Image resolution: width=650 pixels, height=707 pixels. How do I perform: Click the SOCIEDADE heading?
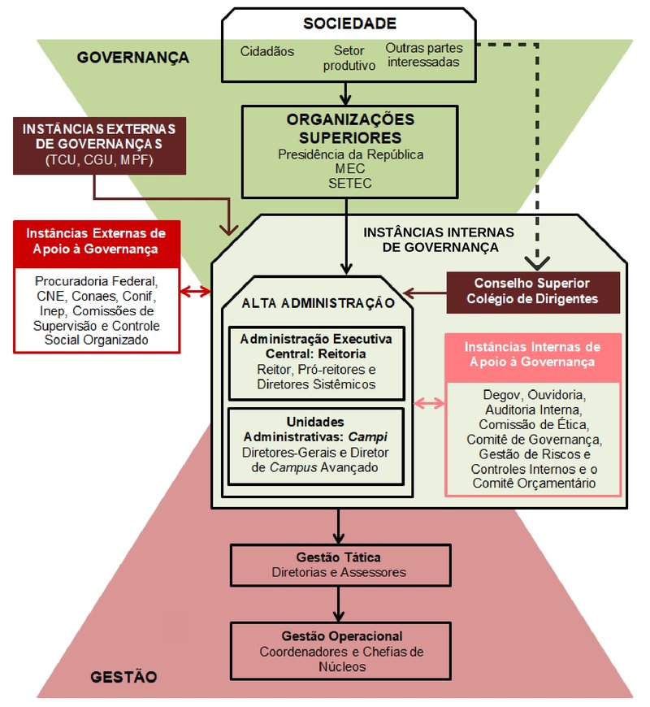350,24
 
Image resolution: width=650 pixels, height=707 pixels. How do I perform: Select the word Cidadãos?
267,51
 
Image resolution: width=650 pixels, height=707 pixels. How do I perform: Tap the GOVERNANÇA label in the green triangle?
133,58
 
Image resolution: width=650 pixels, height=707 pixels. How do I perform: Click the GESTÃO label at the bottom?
123,677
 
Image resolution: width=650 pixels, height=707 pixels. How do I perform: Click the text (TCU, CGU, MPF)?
99,158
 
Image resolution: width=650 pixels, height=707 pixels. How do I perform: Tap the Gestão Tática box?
340,566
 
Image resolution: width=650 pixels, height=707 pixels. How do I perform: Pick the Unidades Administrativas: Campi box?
317,445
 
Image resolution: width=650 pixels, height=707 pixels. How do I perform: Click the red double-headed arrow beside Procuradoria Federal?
196,291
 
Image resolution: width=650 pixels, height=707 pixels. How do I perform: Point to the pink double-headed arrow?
429,404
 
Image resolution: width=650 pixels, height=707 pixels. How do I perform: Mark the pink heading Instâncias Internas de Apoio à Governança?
533,354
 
